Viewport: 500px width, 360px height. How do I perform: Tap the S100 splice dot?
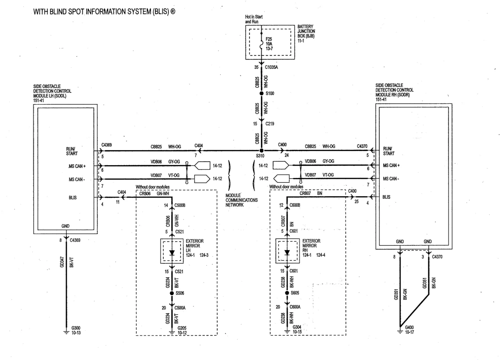[x=262, y=93]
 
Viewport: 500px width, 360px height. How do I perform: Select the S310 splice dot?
[x=262, y=151]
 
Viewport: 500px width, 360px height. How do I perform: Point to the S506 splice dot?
[x=172, y=293]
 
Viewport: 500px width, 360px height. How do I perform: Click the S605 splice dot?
[x=287, y=292]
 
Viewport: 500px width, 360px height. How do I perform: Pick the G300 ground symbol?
[x=66, y=332]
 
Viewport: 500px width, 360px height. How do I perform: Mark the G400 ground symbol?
[x=400, y=332]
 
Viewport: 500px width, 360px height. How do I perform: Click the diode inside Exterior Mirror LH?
[x=172, y=253]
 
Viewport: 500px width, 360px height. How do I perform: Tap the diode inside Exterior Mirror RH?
[x=287, y=252]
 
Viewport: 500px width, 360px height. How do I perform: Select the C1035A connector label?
[x=271, y=67]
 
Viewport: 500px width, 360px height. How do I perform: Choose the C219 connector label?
[x=270, y=124]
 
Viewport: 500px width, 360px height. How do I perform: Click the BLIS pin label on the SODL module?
[x=73, y=197]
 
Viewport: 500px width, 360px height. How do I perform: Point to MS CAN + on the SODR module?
[x=391, y=165]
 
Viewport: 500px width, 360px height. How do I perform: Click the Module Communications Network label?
[x=242, y=200]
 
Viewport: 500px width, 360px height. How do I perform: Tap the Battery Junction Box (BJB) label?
[x=306, y=34]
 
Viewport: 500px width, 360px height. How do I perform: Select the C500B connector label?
[x=180, y=205]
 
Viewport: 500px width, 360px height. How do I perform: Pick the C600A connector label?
[x=295, y=307]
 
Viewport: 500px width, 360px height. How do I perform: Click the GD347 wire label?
[x=62, y=262]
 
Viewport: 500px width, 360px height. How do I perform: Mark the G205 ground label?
[x=182, y=328]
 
